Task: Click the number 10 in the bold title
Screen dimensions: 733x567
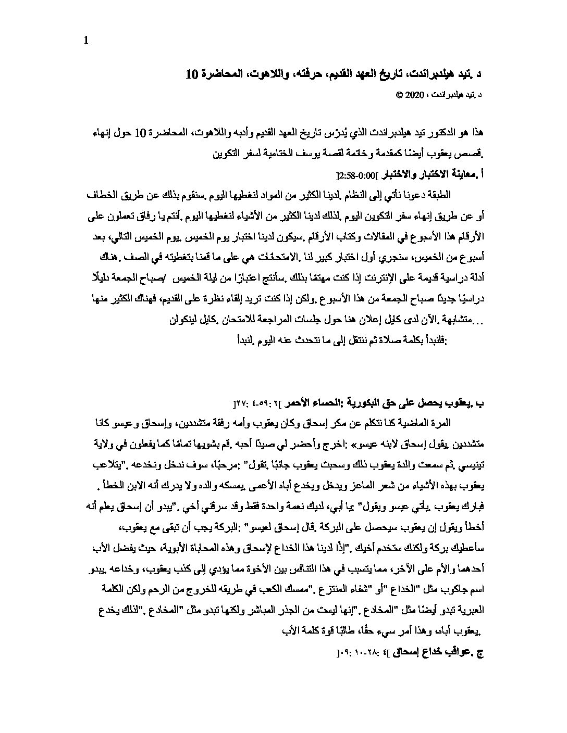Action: coord(192,74)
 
